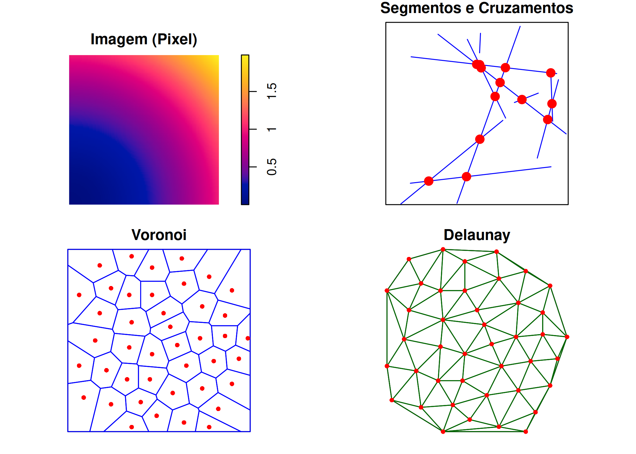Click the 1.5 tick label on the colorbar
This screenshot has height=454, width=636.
(x=272, y=91)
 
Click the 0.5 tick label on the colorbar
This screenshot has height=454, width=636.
(x=272, y=167)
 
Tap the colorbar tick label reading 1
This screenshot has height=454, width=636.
(x=272, y=129)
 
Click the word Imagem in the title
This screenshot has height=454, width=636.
(x=119, y=40)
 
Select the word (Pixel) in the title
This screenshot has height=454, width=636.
(x=175, y=40)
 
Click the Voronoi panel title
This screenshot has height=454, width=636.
(x=159, y=235)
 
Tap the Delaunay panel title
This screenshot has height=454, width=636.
(x=477, y=235)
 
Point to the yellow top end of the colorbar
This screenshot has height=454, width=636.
(x=245, y=57)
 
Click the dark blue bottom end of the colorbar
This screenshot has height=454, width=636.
(x=245, y=202)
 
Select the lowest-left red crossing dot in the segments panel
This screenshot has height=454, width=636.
(x=429, y=181)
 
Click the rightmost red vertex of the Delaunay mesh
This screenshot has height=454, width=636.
(x=567, y=337)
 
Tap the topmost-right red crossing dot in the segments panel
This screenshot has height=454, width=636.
(x=551, y=73)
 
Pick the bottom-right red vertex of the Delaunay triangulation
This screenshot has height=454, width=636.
(x=526, y=432)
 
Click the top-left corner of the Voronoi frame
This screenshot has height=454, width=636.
(x=68, y=249)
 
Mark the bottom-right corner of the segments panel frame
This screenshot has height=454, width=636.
(x=568, y=205)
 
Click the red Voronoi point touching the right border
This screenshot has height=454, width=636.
(x=248, y=338)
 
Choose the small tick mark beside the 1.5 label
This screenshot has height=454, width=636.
(x=253, y=91)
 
